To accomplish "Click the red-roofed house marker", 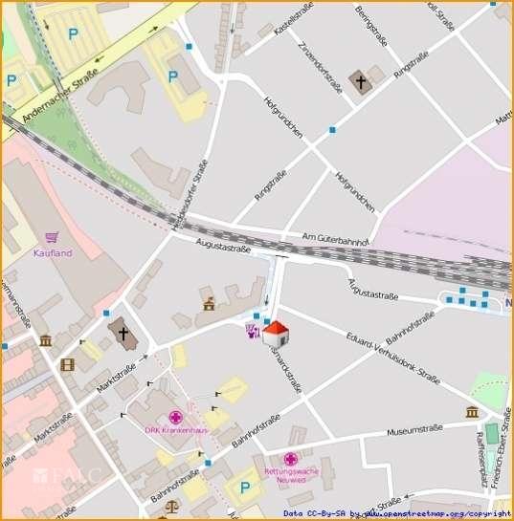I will [276, 334].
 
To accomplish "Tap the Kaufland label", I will [54, 253].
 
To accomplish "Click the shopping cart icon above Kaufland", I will [52, 238].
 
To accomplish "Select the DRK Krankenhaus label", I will [176, 430].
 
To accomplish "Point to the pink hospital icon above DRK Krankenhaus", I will [175, 417].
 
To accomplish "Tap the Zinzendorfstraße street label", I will [321, 67].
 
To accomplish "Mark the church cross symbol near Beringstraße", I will [361, 81].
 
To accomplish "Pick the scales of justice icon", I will [172, 509].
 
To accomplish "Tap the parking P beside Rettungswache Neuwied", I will [246, 488].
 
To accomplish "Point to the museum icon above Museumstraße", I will [472, 412].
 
